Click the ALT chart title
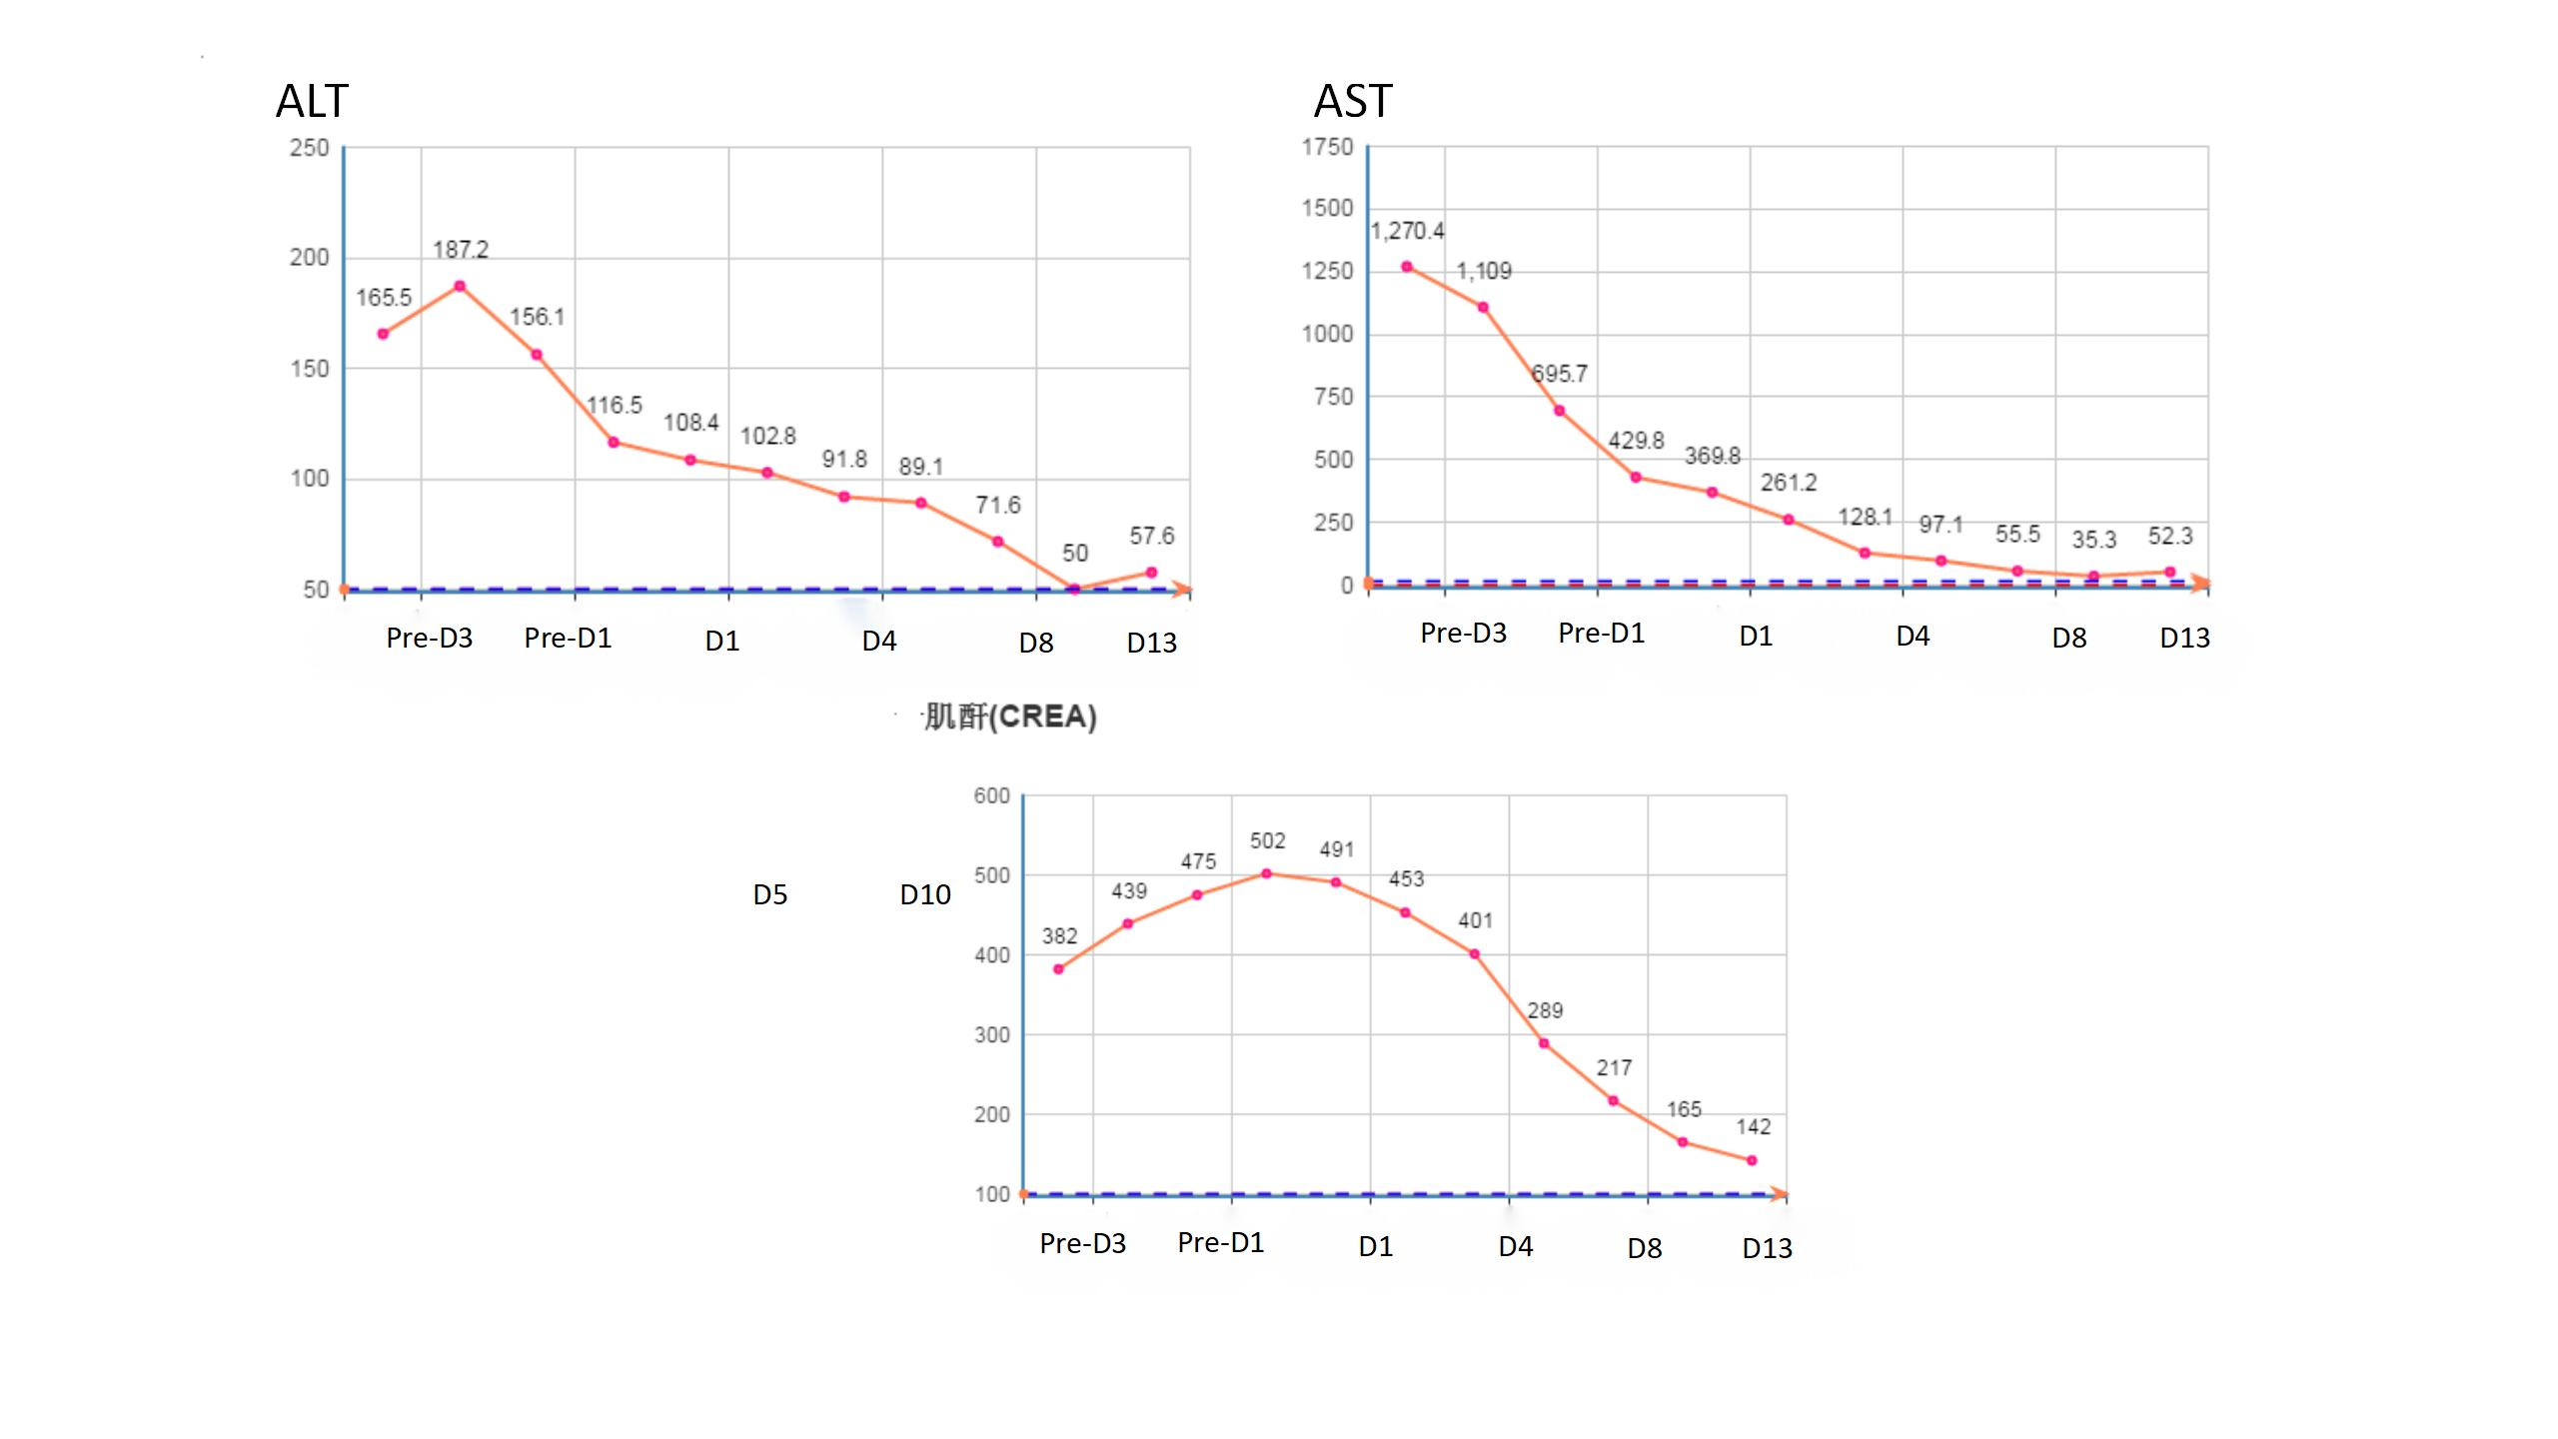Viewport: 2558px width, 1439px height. pos(312,101)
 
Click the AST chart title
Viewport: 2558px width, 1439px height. pos(1352,101)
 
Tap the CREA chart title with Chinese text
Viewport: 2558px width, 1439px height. pos(1009,717)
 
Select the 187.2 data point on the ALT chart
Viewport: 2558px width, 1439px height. pos(460,286)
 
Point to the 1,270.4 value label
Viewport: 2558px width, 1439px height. pos(1407,231)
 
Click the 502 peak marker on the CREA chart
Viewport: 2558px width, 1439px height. pos(1266,873)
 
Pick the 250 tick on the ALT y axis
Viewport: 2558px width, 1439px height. pos(310,148)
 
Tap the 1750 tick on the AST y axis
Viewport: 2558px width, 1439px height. pos(1327,147)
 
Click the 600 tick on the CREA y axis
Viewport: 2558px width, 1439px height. pos(992,795)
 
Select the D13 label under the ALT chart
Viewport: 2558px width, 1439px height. pos(1151,643)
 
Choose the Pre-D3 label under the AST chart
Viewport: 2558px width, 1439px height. pos(1463,633)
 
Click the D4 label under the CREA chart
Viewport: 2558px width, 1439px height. pos(1515,1246)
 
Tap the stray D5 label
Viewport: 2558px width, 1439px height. pos(769,894)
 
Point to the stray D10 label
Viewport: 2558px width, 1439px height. pos(924,894)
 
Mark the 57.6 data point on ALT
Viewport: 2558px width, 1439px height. pos(1151,573)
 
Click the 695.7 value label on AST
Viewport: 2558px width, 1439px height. pos(1560,374)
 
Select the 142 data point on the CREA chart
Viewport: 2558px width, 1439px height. pos(1752,1160)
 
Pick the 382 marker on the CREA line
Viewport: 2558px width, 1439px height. pos(1058,969)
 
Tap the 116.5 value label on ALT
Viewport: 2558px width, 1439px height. pos(615,405)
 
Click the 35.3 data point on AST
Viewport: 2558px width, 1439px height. pos(2093,577)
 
